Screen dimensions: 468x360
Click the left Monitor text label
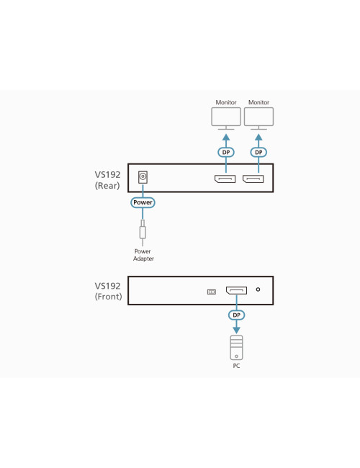point(225,103)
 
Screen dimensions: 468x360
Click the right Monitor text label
point(258,103)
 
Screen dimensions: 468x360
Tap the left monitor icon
point(225,117)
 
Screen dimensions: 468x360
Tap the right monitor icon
point(258,117)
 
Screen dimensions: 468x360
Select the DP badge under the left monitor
point(225,153)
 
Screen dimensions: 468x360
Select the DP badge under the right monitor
point(258,153)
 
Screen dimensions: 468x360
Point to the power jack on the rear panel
point(143,176)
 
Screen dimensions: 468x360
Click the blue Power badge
point(143,203)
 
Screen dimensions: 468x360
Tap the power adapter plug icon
point(143,230)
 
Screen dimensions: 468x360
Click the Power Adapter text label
point(143,255)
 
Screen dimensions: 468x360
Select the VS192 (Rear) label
point(107,180)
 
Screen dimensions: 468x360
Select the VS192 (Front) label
point(107,291)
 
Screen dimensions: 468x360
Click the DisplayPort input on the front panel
point(235,291)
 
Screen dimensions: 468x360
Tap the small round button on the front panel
point(258,291)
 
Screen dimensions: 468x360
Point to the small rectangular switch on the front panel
point(211,292)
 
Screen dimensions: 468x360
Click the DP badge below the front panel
point(235,315)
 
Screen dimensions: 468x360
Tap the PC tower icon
point(236,347)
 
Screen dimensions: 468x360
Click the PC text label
point(236,366)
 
